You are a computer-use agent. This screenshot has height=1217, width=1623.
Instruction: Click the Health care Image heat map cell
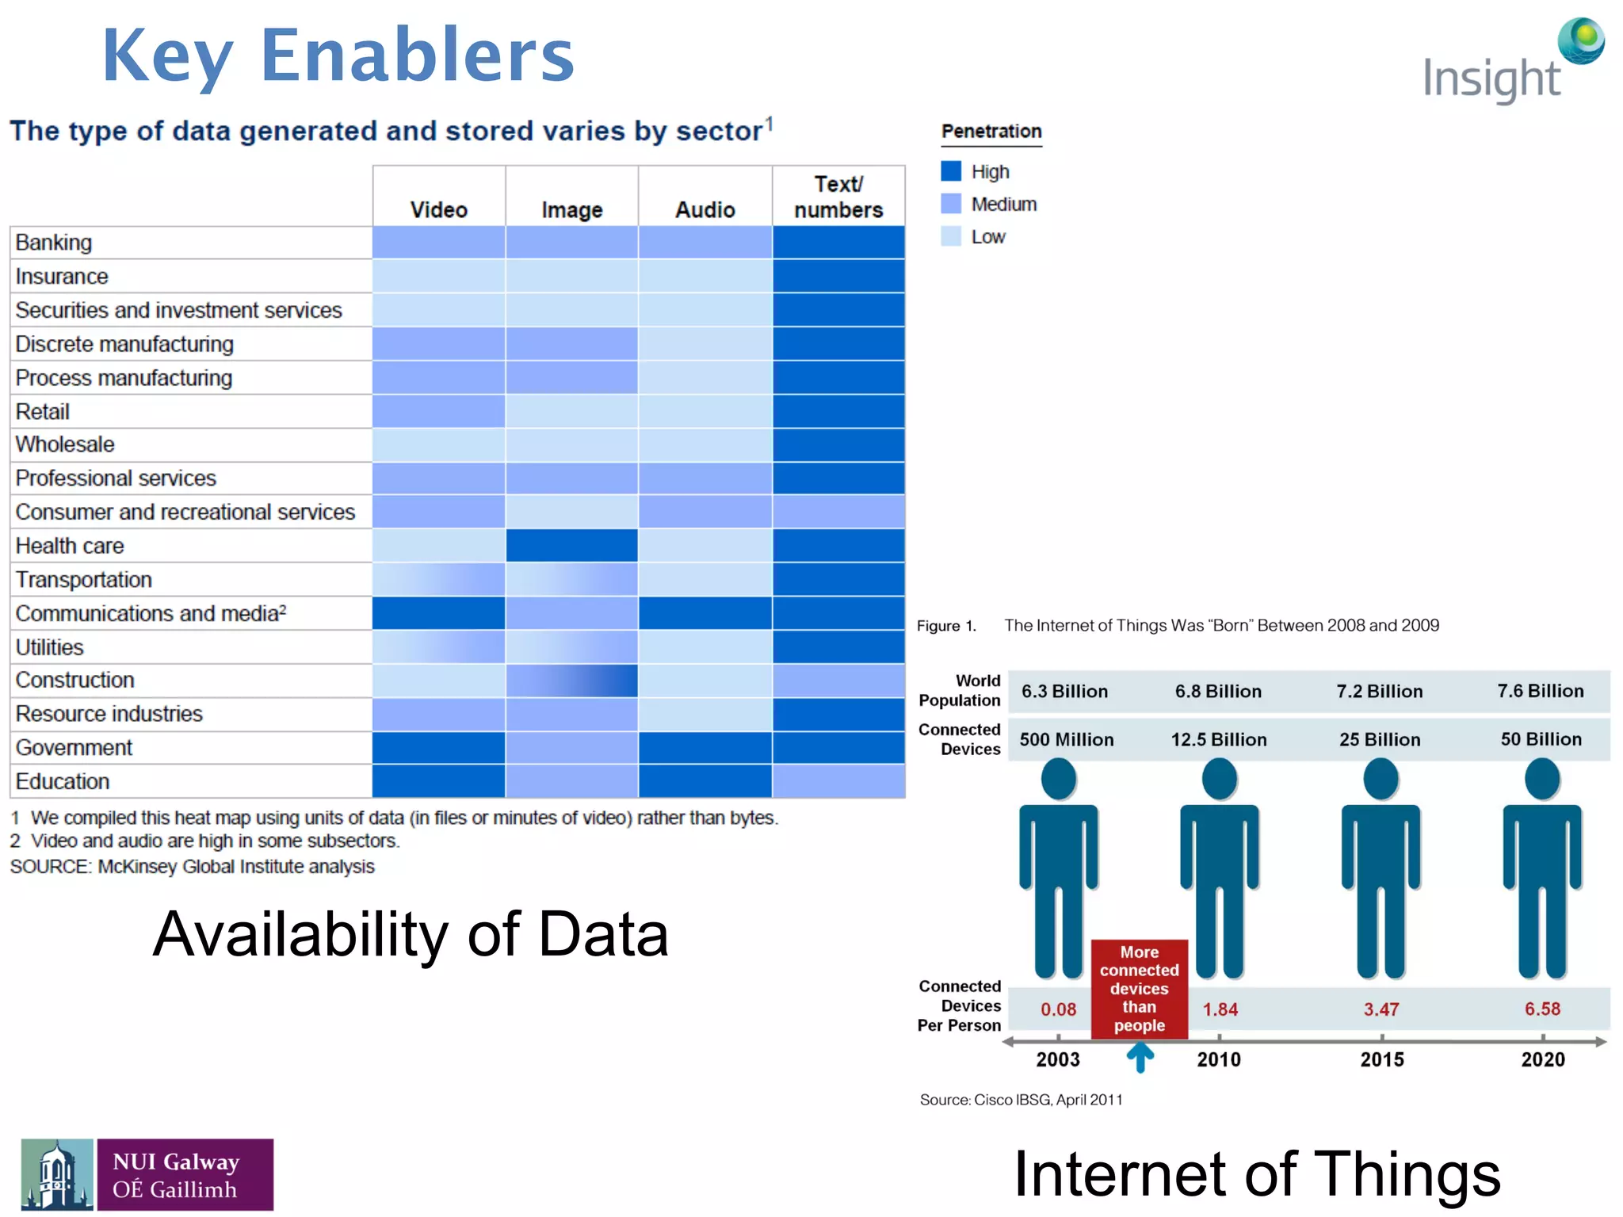(x=571, y=545)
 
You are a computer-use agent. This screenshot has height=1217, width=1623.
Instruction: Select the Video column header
(x=438, y=209)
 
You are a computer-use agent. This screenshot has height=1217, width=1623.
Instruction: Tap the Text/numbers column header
(x=838, y=196)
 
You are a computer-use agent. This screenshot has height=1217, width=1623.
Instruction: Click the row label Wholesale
(x=65, y=444)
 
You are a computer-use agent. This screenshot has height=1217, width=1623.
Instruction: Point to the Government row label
(x=74, y=747)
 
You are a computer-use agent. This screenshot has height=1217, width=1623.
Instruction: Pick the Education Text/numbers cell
(x=838, y=781)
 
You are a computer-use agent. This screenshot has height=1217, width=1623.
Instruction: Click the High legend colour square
(x=951, y=171)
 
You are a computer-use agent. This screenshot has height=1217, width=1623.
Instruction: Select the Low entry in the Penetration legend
(x=987, y=237)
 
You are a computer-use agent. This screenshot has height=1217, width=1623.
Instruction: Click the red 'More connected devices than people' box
(x=1139, y=988)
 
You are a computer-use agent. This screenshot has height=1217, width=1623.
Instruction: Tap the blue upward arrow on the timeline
(x=1140, y=1057)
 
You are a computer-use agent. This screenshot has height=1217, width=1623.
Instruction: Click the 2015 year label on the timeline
(x=1381, y=1059)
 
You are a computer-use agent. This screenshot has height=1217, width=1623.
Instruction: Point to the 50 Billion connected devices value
(x=1541, y=739)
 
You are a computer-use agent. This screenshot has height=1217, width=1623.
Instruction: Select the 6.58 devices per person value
(x=1542, y=1009)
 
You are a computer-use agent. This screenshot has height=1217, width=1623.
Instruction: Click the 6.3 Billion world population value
(x=1064, y=691)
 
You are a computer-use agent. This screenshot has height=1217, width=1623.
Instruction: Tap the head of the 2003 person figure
(x=1058, y=779)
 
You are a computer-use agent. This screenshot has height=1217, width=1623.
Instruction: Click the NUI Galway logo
(x=147, y=1174)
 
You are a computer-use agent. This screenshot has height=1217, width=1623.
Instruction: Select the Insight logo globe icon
(x=1581, y=40)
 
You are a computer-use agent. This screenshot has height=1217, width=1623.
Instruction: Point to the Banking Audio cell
(x=705, y=242)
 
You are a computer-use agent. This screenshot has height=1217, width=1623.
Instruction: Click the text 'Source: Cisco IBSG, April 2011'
(x=1021, y=1100)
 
